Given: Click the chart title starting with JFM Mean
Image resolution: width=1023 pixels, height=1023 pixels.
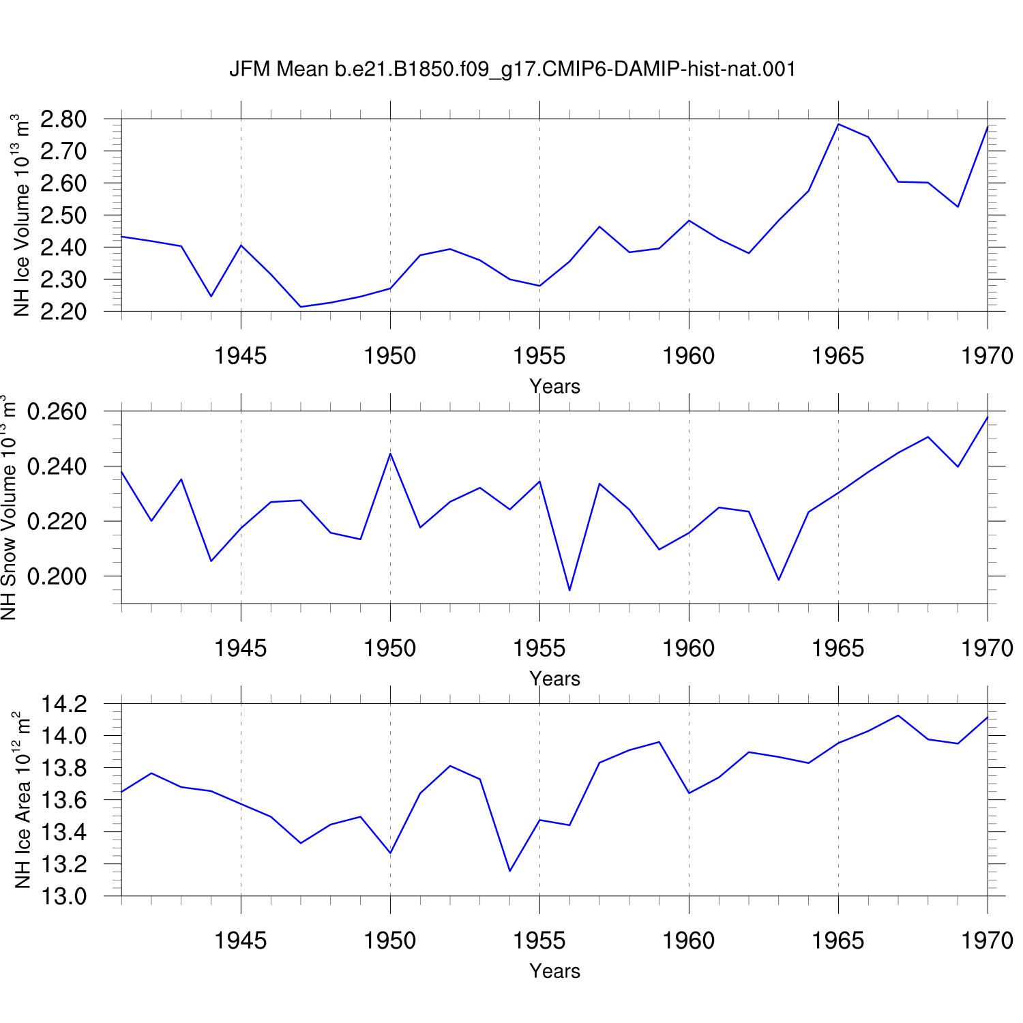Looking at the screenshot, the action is pyautogui.click(x=512, y=70).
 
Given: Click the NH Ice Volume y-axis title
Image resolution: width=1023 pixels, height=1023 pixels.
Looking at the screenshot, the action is pyautogui.click(x=20, y=215).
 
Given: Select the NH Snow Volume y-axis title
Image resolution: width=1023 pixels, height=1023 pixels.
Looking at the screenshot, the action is pyautogui.click(x=8, y=507).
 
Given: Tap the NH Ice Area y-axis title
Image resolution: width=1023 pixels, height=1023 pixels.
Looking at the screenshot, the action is pyautogui.click(x=22, y=799).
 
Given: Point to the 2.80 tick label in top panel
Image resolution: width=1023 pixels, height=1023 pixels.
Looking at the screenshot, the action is pyautogui.click(x=63, y=119).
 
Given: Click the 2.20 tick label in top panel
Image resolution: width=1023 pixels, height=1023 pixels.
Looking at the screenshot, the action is pyautogui.click(x=63, y=312).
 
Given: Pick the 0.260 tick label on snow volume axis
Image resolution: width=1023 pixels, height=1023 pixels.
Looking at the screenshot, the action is pyautogui.click(x=57, y=412).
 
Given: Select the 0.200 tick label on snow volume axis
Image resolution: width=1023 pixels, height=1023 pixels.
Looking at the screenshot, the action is pyautogui.click(x=57, y=576).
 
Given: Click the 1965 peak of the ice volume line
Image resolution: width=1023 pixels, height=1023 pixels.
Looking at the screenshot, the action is pyautogui.click(x=838, y=124).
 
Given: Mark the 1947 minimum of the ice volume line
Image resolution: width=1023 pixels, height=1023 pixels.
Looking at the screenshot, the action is pyautogui.click(x=301, y=307).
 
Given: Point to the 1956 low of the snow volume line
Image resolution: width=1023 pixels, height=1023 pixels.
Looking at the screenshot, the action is pyautogui.click(x=569, y=590).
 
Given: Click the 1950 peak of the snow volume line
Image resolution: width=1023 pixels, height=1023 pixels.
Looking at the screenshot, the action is pyautogui.click(x=390, y=454).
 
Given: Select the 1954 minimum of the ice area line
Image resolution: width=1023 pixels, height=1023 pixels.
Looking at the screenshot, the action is pyautogui.click(x=510, y=871).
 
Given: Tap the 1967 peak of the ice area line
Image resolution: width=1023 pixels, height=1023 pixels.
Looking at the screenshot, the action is pyautogui.click(x=898, y=715).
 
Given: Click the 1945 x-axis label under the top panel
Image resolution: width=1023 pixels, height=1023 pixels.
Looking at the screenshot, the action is pyautogui.click(x=241, y=356).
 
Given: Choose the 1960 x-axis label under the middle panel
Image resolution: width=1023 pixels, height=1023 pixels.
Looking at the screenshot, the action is pyautogui.click(x=689, y=649).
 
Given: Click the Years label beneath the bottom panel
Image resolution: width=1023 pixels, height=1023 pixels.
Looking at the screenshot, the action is pyautogui.click(x=554, y=971).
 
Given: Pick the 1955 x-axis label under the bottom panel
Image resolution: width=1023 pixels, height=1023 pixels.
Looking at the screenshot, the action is pyautogui.click(x=539, y=941).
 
